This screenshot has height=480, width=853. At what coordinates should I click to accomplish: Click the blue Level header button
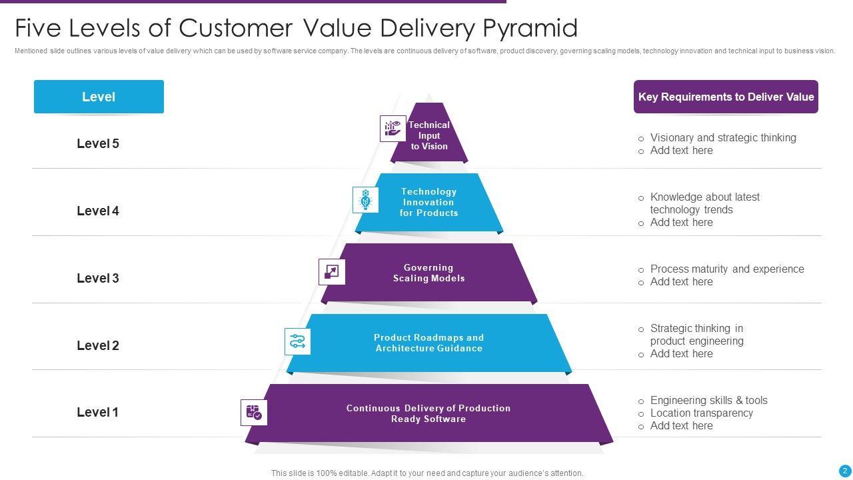tap(99, 97)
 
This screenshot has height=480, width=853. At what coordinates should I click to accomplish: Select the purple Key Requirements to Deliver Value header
tap(726, 97)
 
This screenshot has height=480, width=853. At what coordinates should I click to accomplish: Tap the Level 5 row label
tap(98, 143)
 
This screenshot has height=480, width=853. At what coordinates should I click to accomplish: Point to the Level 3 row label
tap(98, 278)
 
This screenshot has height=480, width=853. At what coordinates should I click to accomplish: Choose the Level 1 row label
tap(98, 412)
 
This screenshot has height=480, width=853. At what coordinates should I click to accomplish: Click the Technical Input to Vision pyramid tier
tap(429, 136)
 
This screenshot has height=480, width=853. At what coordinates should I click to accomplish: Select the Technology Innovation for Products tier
tap(429, 203)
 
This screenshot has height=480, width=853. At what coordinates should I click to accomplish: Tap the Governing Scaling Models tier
tap(429, 273)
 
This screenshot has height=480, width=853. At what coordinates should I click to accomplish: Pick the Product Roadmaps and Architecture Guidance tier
tap(429, 343)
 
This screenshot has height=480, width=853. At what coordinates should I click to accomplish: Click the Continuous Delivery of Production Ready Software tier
tap(429, 413)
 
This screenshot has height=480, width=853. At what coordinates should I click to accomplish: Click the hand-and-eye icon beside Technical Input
tap(393, 129)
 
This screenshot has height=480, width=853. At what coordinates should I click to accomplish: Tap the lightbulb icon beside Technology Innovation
tap(365, 199)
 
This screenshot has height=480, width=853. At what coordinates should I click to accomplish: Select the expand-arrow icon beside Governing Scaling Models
tap(332, 271)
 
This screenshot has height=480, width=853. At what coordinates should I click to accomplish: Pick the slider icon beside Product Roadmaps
tap(297, 341)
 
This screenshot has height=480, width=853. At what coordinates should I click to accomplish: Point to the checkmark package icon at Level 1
tap(254, 413)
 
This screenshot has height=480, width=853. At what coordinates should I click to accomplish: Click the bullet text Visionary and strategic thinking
tap(723, 137)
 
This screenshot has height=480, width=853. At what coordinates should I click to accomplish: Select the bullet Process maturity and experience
tap(727, 269)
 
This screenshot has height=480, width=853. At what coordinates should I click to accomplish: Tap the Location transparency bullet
tap(702, 413)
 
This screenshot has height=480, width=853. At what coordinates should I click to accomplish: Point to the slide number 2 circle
tap(845, 471)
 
